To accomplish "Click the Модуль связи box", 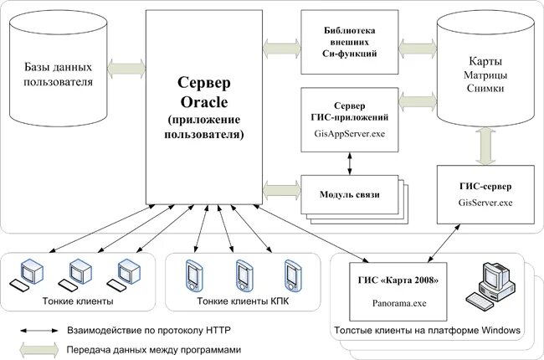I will [350, 194].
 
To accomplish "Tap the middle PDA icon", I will [243, 273].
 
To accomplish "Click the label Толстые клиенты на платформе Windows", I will [427, 332].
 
